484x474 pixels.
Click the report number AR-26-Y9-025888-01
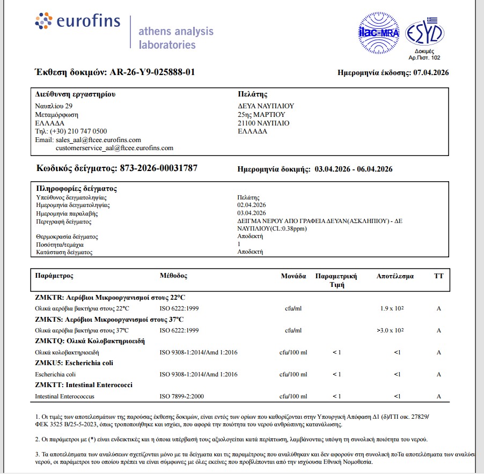[152, 72]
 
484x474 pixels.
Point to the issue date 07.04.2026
[430, 72]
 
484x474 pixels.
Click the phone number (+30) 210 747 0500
[71, 131]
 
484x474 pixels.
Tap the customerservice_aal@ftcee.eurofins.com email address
[114, 148]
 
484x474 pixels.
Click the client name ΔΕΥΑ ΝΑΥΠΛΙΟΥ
[266, 106]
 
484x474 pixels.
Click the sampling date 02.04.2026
[252, 205]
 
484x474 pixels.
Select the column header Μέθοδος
[173, 276]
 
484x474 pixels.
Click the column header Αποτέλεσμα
[395, 276]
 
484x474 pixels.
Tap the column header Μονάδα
[293, 276]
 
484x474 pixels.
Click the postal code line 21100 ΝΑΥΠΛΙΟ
[263, 123]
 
